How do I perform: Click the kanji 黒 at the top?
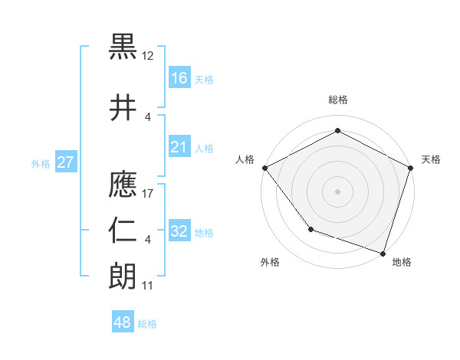pyautogui.click(x=123, y=48)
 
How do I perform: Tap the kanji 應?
pyautogui.click(x=123, y=182)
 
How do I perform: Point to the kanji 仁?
pyautogui.click(x=123, y=231)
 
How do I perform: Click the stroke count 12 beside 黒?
pyautogui.click(x=148, y=56)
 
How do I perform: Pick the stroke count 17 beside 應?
pyautogui.click(x=148, y=193)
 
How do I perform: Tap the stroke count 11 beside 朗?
pyautogui.click(x=148, y=285)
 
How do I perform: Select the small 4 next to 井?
pyautogui.click(x=148, y=116)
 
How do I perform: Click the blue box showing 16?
pyautogui.click(x=179, y=77)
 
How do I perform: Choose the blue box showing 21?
pyautogui.click(x=179, y=147)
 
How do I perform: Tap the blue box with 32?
pyautogui.click(x=179, y=231)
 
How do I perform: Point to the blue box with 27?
pyautogui.click(x=66, y=162)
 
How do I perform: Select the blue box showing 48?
pyautogui.click(x=123, y=322)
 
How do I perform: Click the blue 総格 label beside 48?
pyautogui.click(x=147, y=324)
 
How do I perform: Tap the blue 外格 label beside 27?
pyautogui.click(x=41, y=163)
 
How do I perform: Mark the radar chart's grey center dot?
pyautogui.click(x=337, y=191)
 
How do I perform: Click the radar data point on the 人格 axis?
pyautogui.click(x=264, y=168)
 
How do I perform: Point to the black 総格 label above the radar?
pyautogui.click(x=337, y=100)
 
